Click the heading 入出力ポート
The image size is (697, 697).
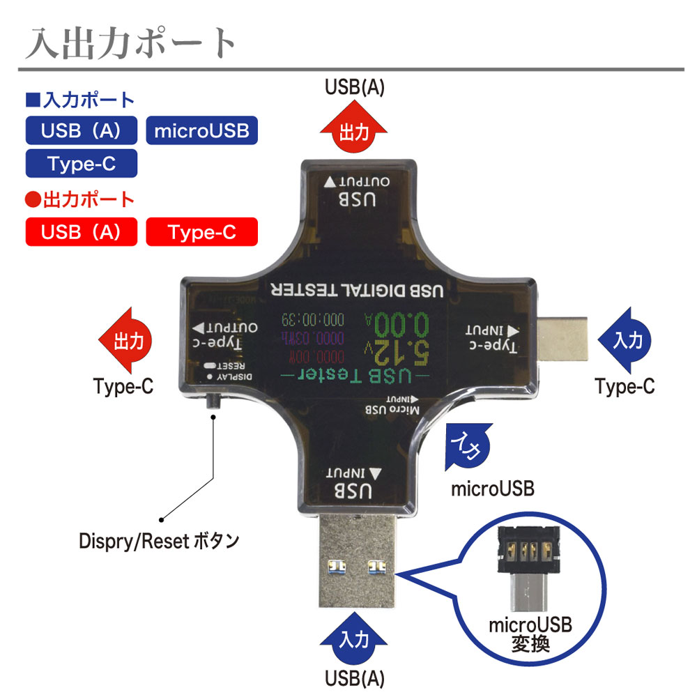pos(132,43)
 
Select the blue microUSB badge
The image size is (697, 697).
pos(201,130)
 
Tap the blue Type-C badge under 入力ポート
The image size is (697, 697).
pos(81,163)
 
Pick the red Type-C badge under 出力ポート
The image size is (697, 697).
pos(201,232)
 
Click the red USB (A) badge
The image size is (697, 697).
pos(81,232)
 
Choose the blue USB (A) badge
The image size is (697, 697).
pos(81,130)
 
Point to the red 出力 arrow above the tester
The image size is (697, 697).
pos(354,130)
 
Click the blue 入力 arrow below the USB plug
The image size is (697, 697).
pos(354,636)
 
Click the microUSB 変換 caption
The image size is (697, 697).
pos(530,634)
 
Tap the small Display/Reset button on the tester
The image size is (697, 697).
pos(213,403)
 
